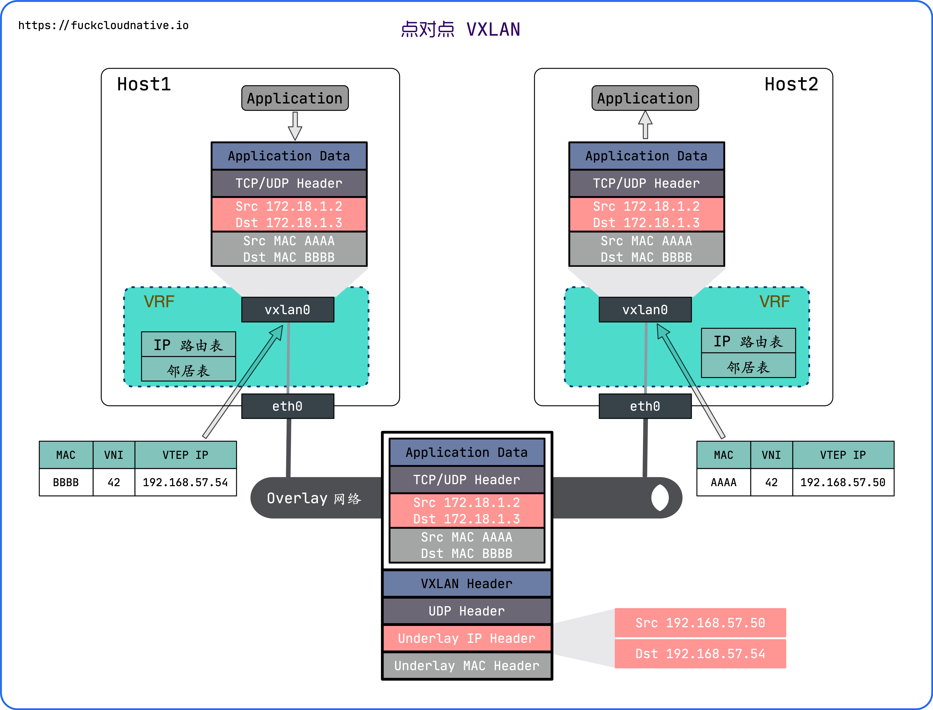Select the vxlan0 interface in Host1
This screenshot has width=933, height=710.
(287, 310)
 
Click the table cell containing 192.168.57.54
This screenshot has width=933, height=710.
(185, 482)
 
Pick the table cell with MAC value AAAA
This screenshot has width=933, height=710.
(723, 482)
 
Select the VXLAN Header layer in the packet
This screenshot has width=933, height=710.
(467, 584)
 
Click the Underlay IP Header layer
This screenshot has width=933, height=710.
(467, 638)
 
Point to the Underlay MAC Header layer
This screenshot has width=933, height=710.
(467, 666)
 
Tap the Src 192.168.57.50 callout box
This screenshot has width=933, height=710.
(700, 622)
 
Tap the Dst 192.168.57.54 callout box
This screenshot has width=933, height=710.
(700, 654)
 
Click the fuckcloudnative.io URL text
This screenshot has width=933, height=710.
(104, 25)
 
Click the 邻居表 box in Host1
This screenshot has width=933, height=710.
(188, 370)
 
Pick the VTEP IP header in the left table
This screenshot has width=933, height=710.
(185, 455)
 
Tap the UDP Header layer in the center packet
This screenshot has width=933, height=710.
(467, 611)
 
